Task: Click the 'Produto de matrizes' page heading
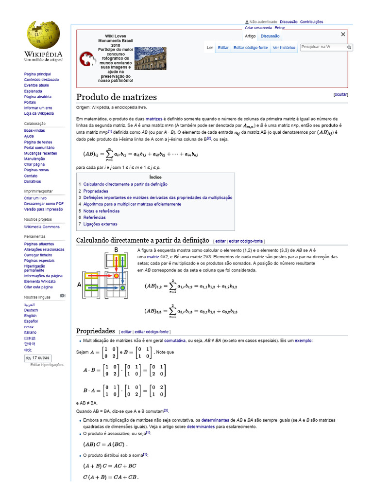click(x=117, y=97)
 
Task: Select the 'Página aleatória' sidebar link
click(x=36, y=97)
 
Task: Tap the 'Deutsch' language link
click(x=31, y=310)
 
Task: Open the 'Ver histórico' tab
click(x=284, y=48)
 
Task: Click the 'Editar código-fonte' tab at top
click(x=250, y=48)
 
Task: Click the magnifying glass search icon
click(x=349, y=47)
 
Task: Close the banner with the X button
click(x=343, y=35)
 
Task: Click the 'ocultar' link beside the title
click(x=340, y=94)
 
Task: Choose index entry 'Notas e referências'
click(x=101, y=211)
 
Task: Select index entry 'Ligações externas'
click(x=100, y=224)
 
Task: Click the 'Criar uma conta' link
click(x=258, y=28)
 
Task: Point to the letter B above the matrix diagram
click(x=116, y=250)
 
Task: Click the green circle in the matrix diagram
click(x=123, y=288)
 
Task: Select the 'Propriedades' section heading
click(x=96, y=331)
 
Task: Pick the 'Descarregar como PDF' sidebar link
click(x=44, y=204)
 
